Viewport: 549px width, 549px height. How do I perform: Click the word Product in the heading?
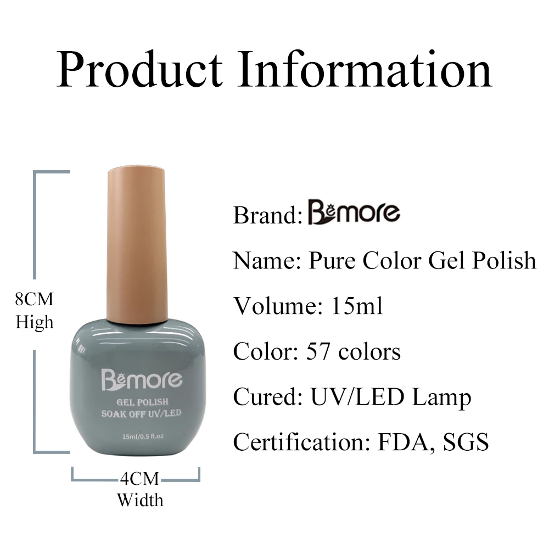[139, 69]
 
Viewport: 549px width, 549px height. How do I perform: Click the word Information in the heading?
[365, 69]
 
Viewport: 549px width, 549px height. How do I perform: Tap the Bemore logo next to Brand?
[354, 212]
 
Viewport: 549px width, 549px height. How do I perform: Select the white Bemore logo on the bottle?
[142, 379]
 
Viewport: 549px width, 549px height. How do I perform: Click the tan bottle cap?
[137, 245]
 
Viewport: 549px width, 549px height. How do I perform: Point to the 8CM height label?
[34, 299]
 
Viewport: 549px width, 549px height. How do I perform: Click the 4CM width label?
[139, 479]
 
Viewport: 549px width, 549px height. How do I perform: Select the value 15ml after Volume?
[357, 306]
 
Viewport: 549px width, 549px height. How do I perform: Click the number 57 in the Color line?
[318, 351]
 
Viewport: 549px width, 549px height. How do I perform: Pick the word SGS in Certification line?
[466, 442]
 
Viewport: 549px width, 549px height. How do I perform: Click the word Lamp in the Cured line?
[441, 398]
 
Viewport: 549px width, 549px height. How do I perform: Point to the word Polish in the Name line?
[504, 261]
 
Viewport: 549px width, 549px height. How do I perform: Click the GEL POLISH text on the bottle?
[142, 402]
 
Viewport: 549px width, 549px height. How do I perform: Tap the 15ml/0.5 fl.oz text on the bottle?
[143, 436]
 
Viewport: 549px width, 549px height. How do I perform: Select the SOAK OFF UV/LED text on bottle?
[142, 413]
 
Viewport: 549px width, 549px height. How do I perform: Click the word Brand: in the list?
[268, 215]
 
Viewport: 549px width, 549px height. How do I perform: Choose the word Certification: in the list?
[301, 442]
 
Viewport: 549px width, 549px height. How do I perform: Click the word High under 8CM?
[34, 322]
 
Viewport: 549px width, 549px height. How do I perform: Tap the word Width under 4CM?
[140, 500]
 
